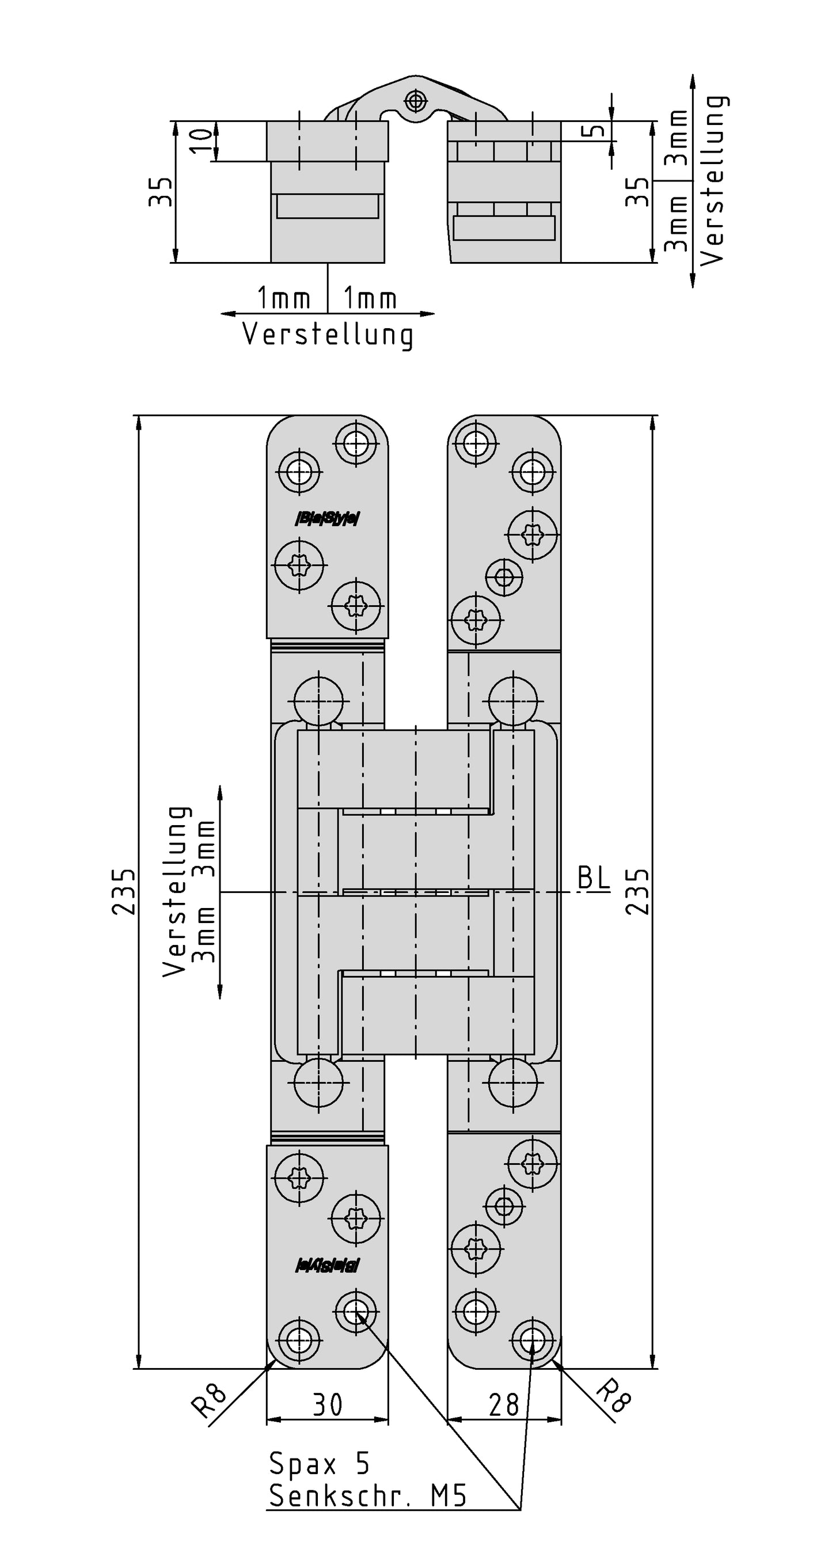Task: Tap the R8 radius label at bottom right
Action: click(x=614, y=1396)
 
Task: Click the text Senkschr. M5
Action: click(x=367, y=1497)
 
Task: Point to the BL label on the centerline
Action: click(x=594, y=878)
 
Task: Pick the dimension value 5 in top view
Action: click(x=595, y=131)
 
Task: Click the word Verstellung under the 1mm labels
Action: click(x=328, y=335)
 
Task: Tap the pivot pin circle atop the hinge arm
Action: click(x=414, y=100)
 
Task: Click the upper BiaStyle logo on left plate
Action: click(x=328, y=518)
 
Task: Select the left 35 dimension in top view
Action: click(x=161, y=192)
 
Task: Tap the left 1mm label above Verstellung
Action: click(x=284, y=298)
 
